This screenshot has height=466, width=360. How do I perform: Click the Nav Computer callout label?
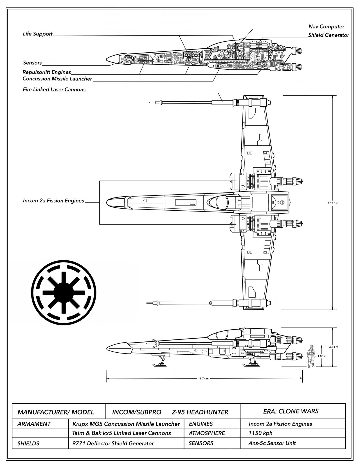[x=326, y=27]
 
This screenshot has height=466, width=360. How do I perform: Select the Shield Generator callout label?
[x=329, y=35]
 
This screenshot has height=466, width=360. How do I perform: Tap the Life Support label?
[x=38, y=34]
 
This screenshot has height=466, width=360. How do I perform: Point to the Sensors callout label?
[x=32, y=63]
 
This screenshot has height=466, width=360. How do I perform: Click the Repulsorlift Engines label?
[x=47, y=72]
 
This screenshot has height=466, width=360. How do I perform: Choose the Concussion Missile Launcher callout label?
[x=57, y=79]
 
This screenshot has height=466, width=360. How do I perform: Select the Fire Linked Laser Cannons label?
[x=54, y=89]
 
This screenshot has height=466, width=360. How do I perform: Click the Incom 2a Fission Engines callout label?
[x=53, y=201]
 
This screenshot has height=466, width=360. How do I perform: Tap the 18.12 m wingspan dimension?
[x=333, y=203]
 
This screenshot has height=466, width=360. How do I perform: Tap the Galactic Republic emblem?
[x=64, y=293]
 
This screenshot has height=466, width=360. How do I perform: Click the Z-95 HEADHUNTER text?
[x=200, y=412]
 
